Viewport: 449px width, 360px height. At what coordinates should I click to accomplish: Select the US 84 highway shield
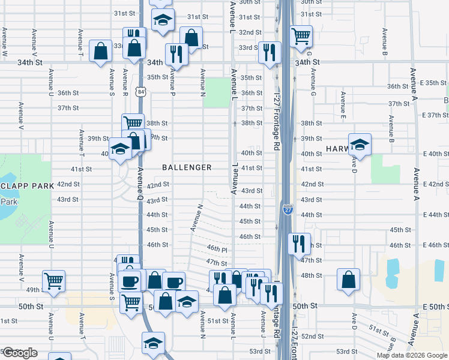[x=140, y=91]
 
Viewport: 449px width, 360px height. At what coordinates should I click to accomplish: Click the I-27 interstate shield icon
[x=288, y=209]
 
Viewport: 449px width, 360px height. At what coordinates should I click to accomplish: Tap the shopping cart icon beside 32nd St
[x=300, y=35]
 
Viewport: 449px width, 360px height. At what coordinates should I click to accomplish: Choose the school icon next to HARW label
[x=360, y=144]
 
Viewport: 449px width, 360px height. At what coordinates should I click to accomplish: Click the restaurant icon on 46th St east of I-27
[x=298, y=244]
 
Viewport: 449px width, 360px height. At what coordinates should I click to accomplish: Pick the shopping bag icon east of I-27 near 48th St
[x=348, y=280]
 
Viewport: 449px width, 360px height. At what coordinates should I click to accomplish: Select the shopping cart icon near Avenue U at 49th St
[x=54, y=281]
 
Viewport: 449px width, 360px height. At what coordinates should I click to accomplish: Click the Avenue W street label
[x=5, y=45]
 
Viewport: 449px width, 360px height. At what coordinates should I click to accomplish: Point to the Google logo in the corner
[x=19, y=353]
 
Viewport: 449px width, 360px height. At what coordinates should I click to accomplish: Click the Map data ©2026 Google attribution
[x=412, y=355]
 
